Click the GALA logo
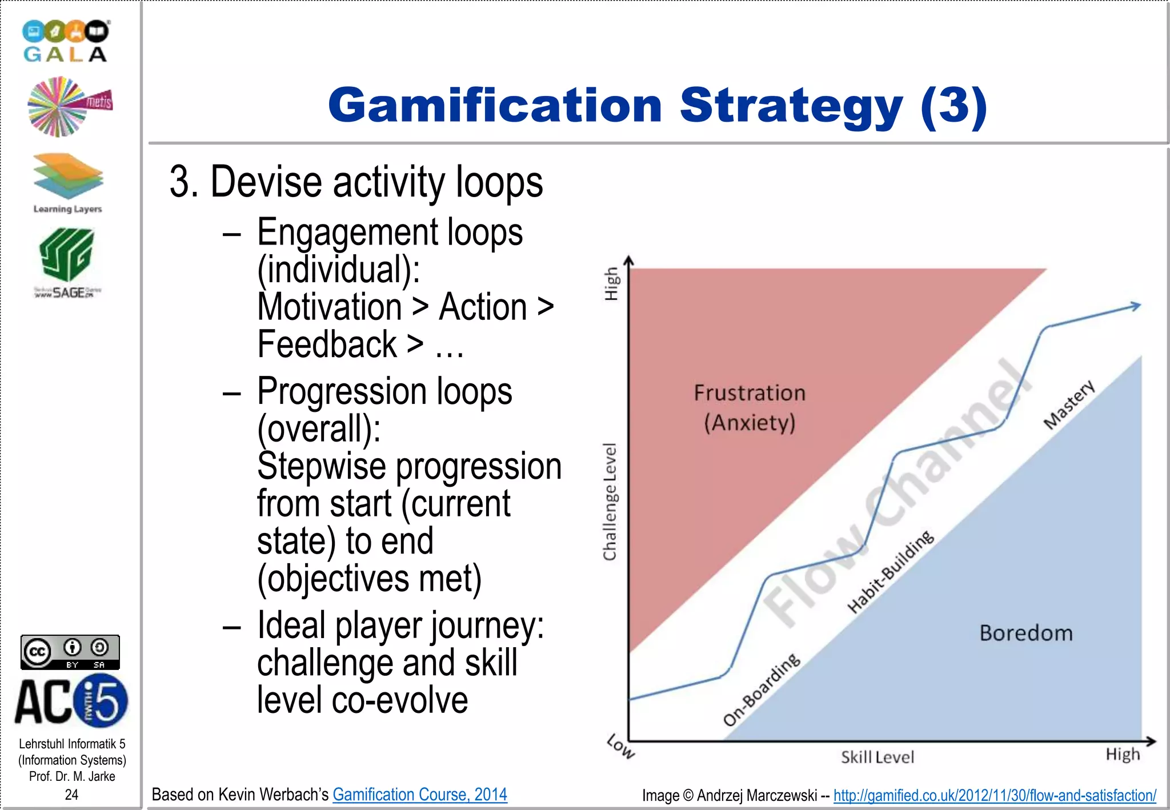click(x=66, y=41)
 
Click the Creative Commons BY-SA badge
click(x=70, y=652)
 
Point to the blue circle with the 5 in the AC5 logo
click(x=101, y=701)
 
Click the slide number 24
click(x=71, y=795)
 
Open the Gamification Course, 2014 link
click(x=420, y=795)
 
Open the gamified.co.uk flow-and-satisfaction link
click(x=995, y=795)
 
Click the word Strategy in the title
click(x=791, y=106)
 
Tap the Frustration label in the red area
click(x=750, y=393)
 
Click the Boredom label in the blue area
click(x=1026, y=633)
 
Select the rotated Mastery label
click(x=1069, y=404)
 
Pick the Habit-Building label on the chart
click(x=890, y=572)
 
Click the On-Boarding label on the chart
click(x=762, y=689)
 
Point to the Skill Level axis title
click(x=877, y=757)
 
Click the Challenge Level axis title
click(x=610, y=502)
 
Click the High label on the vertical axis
click(x=611, y=283)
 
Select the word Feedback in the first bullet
click(x=327, y=344)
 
